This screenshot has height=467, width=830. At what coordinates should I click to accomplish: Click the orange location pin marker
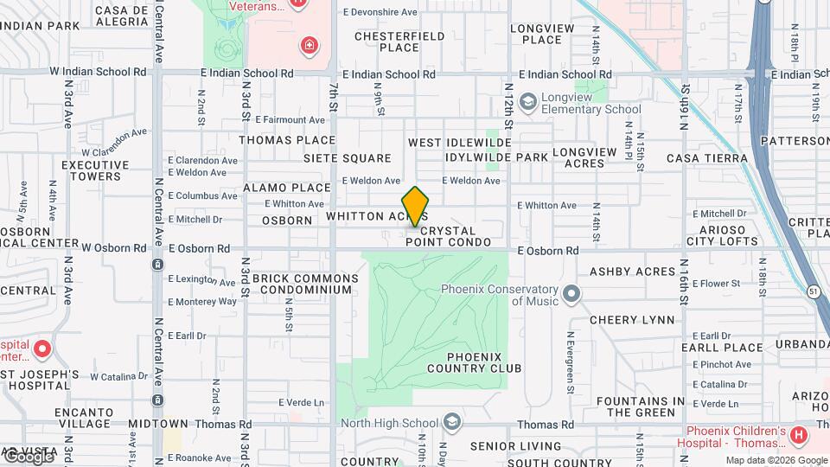pos(416,206)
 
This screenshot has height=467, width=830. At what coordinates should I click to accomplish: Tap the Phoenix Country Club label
pos(484,362)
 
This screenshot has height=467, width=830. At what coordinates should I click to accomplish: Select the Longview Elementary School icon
pos(527,102)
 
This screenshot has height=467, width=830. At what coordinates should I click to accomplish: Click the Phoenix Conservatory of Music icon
pos(571,295)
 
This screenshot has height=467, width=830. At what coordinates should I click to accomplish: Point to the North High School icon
pos(450,422)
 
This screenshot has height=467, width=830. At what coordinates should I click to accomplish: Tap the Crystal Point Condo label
pos(448,237)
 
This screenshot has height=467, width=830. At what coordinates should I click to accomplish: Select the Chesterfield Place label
pos(399,42)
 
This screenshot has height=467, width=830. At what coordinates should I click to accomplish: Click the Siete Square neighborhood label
pos(347,158)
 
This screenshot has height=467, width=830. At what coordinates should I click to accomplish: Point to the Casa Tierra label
pos(706,158)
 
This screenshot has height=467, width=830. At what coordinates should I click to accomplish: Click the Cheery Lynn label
pos(632,320)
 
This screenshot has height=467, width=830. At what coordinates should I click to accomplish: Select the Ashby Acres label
pos(632,272)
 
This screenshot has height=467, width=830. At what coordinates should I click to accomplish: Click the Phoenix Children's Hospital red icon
pos(799,433)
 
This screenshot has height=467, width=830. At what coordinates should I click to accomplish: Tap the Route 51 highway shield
pos(813,291)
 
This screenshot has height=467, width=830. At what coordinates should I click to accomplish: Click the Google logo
pos(28,456)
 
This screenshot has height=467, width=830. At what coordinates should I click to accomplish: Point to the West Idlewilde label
pos(460,143)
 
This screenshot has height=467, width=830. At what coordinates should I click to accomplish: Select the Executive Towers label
pos(95,170)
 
